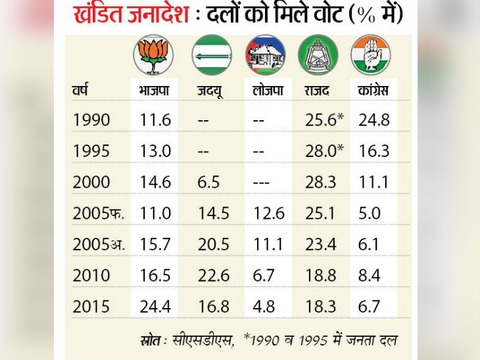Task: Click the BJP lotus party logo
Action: click(x=153, y=55)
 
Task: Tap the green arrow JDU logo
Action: click(x=212, y=55)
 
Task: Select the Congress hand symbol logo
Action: click(x=371, y=55)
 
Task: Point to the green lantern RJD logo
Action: click(x=318, y=55)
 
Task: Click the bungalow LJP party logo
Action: click(x=265, y=55)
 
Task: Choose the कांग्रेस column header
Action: click(x=373, y=90)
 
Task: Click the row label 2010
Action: click(x=92, y=276)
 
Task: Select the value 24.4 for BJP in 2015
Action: click(x=155, y=307)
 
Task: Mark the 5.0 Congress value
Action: click(x=370, y=214)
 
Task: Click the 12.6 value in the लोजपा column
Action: click(x=268, y=214)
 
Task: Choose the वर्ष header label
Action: click(x=80, y=90)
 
